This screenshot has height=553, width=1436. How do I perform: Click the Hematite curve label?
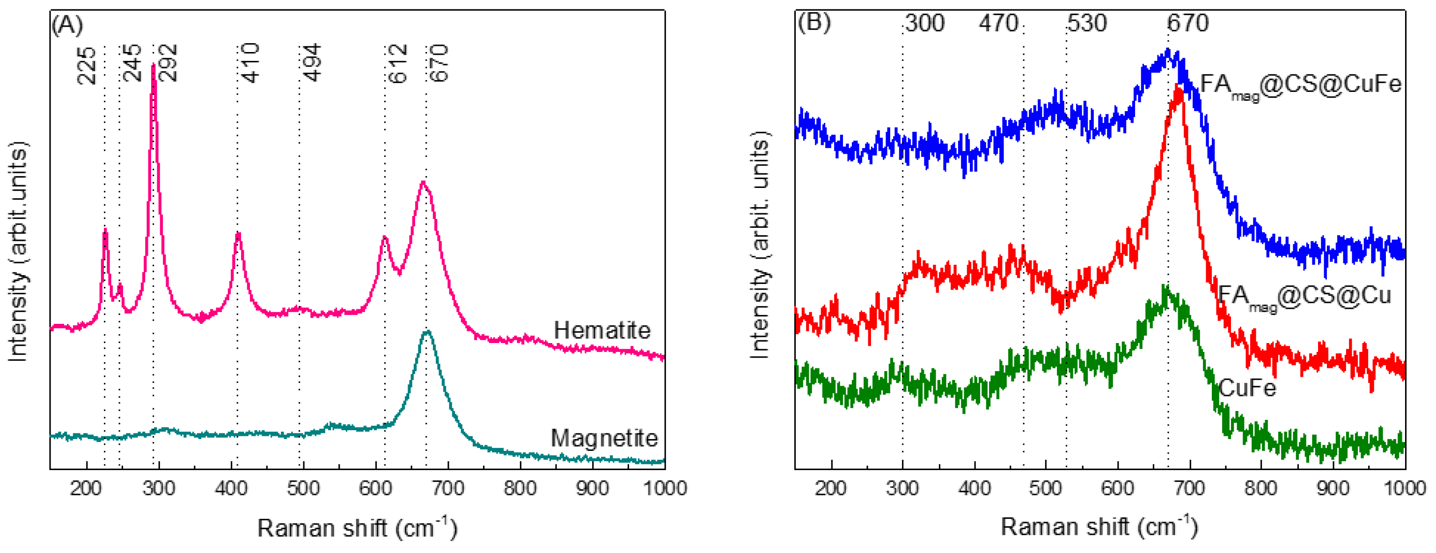point(601,330)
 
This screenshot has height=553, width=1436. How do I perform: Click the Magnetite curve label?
point(604,438)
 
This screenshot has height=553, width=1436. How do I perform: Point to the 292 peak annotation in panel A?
point(167,63)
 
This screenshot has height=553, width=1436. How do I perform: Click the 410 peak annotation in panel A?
point(250,63)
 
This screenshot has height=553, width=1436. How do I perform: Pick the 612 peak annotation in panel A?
point(398,64)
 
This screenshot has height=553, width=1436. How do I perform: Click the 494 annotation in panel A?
point(312,62)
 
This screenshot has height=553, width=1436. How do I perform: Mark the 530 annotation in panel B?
point(1087,23)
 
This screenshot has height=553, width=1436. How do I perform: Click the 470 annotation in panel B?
point(998,23)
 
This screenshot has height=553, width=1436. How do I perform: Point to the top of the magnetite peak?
point(427,332)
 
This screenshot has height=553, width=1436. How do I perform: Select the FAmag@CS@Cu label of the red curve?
point(1304,296)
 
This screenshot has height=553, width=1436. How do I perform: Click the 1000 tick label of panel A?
point(665,488)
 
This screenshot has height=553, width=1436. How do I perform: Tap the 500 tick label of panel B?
point(1046,488)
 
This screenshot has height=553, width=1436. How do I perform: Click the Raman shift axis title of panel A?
point(357,527)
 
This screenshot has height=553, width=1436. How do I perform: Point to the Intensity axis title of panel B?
point(760,246)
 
